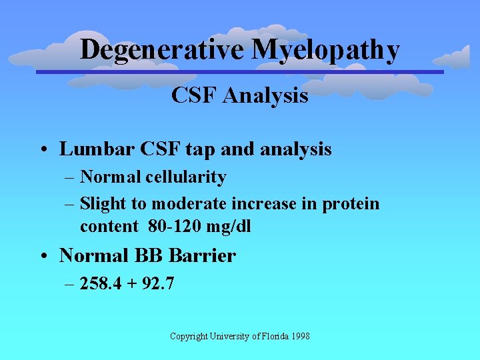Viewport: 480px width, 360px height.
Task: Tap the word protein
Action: pos(351,203)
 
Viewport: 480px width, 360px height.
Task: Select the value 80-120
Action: pos(173,226)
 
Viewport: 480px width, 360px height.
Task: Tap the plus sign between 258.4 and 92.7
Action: pos(131,284)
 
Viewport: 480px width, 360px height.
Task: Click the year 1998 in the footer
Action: pos(299,336)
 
